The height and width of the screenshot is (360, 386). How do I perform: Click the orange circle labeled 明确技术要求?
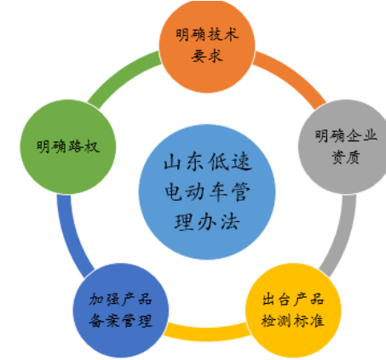(207, 45)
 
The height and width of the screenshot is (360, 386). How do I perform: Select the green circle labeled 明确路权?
(68, 147)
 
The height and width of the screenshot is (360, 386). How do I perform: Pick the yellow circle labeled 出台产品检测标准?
(293, 311)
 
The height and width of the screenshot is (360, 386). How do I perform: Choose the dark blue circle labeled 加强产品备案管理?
(121, 311)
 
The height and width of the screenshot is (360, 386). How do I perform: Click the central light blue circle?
(207, 191)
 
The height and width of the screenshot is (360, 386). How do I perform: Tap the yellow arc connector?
(207, 333)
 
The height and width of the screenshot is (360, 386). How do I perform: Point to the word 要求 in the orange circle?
(207, 56)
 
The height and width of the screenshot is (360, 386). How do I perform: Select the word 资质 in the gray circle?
(346, 157)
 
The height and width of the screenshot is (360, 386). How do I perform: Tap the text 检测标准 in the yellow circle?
(293, 321)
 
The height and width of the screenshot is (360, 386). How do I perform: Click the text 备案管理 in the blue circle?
(121, 321)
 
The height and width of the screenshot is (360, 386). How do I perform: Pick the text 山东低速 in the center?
(208, 162)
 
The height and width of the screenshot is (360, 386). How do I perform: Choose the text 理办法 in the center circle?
(207, 222)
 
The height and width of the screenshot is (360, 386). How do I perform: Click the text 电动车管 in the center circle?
(208, 191)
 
